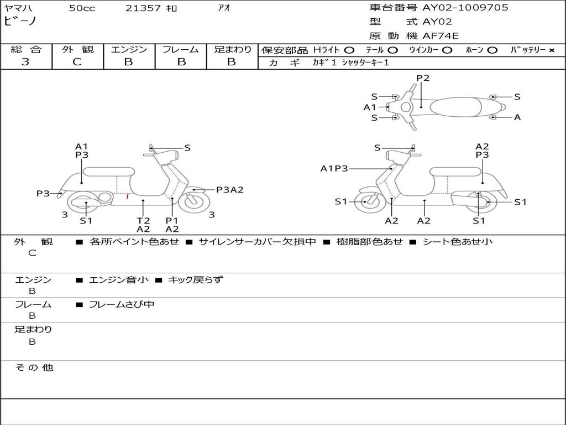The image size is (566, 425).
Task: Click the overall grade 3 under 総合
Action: pos(25,62)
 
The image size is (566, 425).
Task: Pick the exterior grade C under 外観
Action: pos(77,62)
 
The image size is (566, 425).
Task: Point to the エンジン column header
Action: pos(129,50)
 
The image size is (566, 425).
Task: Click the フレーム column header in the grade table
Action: pos(181,50)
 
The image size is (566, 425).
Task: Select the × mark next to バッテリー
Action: pos(551,50)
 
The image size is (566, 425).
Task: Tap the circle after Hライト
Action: pos(349,50)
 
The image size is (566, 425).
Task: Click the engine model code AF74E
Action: pos(441,37)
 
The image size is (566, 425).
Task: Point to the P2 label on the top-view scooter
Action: pos(423,78)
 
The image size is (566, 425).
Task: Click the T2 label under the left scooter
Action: pos(143,220)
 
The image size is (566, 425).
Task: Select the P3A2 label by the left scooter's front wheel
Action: pos(229,190)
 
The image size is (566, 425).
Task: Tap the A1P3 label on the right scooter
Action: pos(334,169)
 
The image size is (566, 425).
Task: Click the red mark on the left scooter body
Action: pos(128,195)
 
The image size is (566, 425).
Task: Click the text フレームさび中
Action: pos(122,304)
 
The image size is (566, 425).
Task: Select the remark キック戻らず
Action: pos(195,280)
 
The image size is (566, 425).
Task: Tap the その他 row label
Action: pos(34,367)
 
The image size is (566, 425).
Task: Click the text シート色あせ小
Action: pos(457,242)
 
